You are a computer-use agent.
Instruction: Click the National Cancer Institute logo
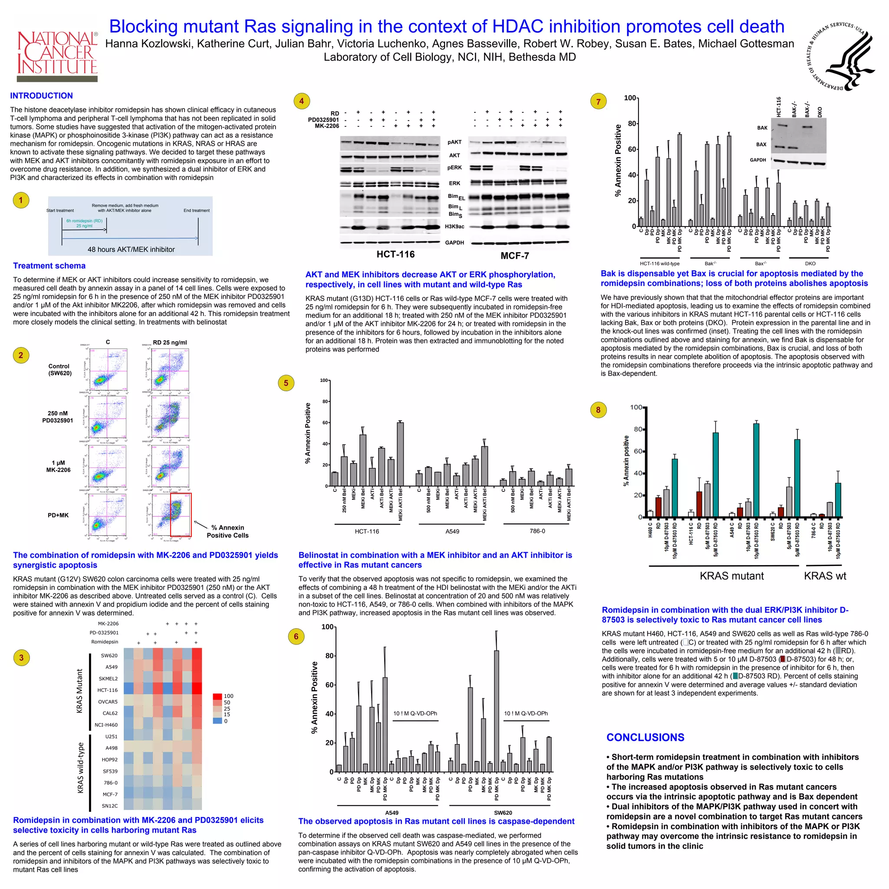click(x=57, y=55)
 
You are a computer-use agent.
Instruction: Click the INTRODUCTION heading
click(x=41, y=95)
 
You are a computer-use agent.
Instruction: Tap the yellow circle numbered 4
click(x=301, y=101)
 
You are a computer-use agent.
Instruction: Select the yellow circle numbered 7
click(x=598, y=102)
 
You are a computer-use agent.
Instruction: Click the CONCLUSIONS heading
click(x=645, y=737)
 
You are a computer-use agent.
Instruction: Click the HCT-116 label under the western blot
click(x=395, y=254)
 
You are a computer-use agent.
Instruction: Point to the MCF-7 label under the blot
click(x=514, y=256)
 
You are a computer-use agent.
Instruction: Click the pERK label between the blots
click(x=454, y=168)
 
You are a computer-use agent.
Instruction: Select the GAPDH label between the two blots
click(x=454, y=243)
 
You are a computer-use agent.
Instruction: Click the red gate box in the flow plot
click(x=181, y=515)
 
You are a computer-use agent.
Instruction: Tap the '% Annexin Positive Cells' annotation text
click(x=227, y=531)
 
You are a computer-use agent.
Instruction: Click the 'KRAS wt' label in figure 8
click(x=825, y=576)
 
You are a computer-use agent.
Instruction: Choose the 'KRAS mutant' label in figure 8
click(x=731, y=576)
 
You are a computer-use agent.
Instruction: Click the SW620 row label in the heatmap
click(x=109, y=655)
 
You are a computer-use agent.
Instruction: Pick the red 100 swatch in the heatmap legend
click(x=217, y=696)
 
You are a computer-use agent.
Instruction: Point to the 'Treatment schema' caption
click(x=49, y=266)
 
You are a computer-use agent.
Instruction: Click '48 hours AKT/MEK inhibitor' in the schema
click(x=131, y=250)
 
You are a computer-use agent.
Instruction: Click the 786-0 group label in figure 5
click(x=537, y=531)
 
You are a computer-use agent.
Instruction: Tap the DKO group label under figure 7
click(x=810, y=263)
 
